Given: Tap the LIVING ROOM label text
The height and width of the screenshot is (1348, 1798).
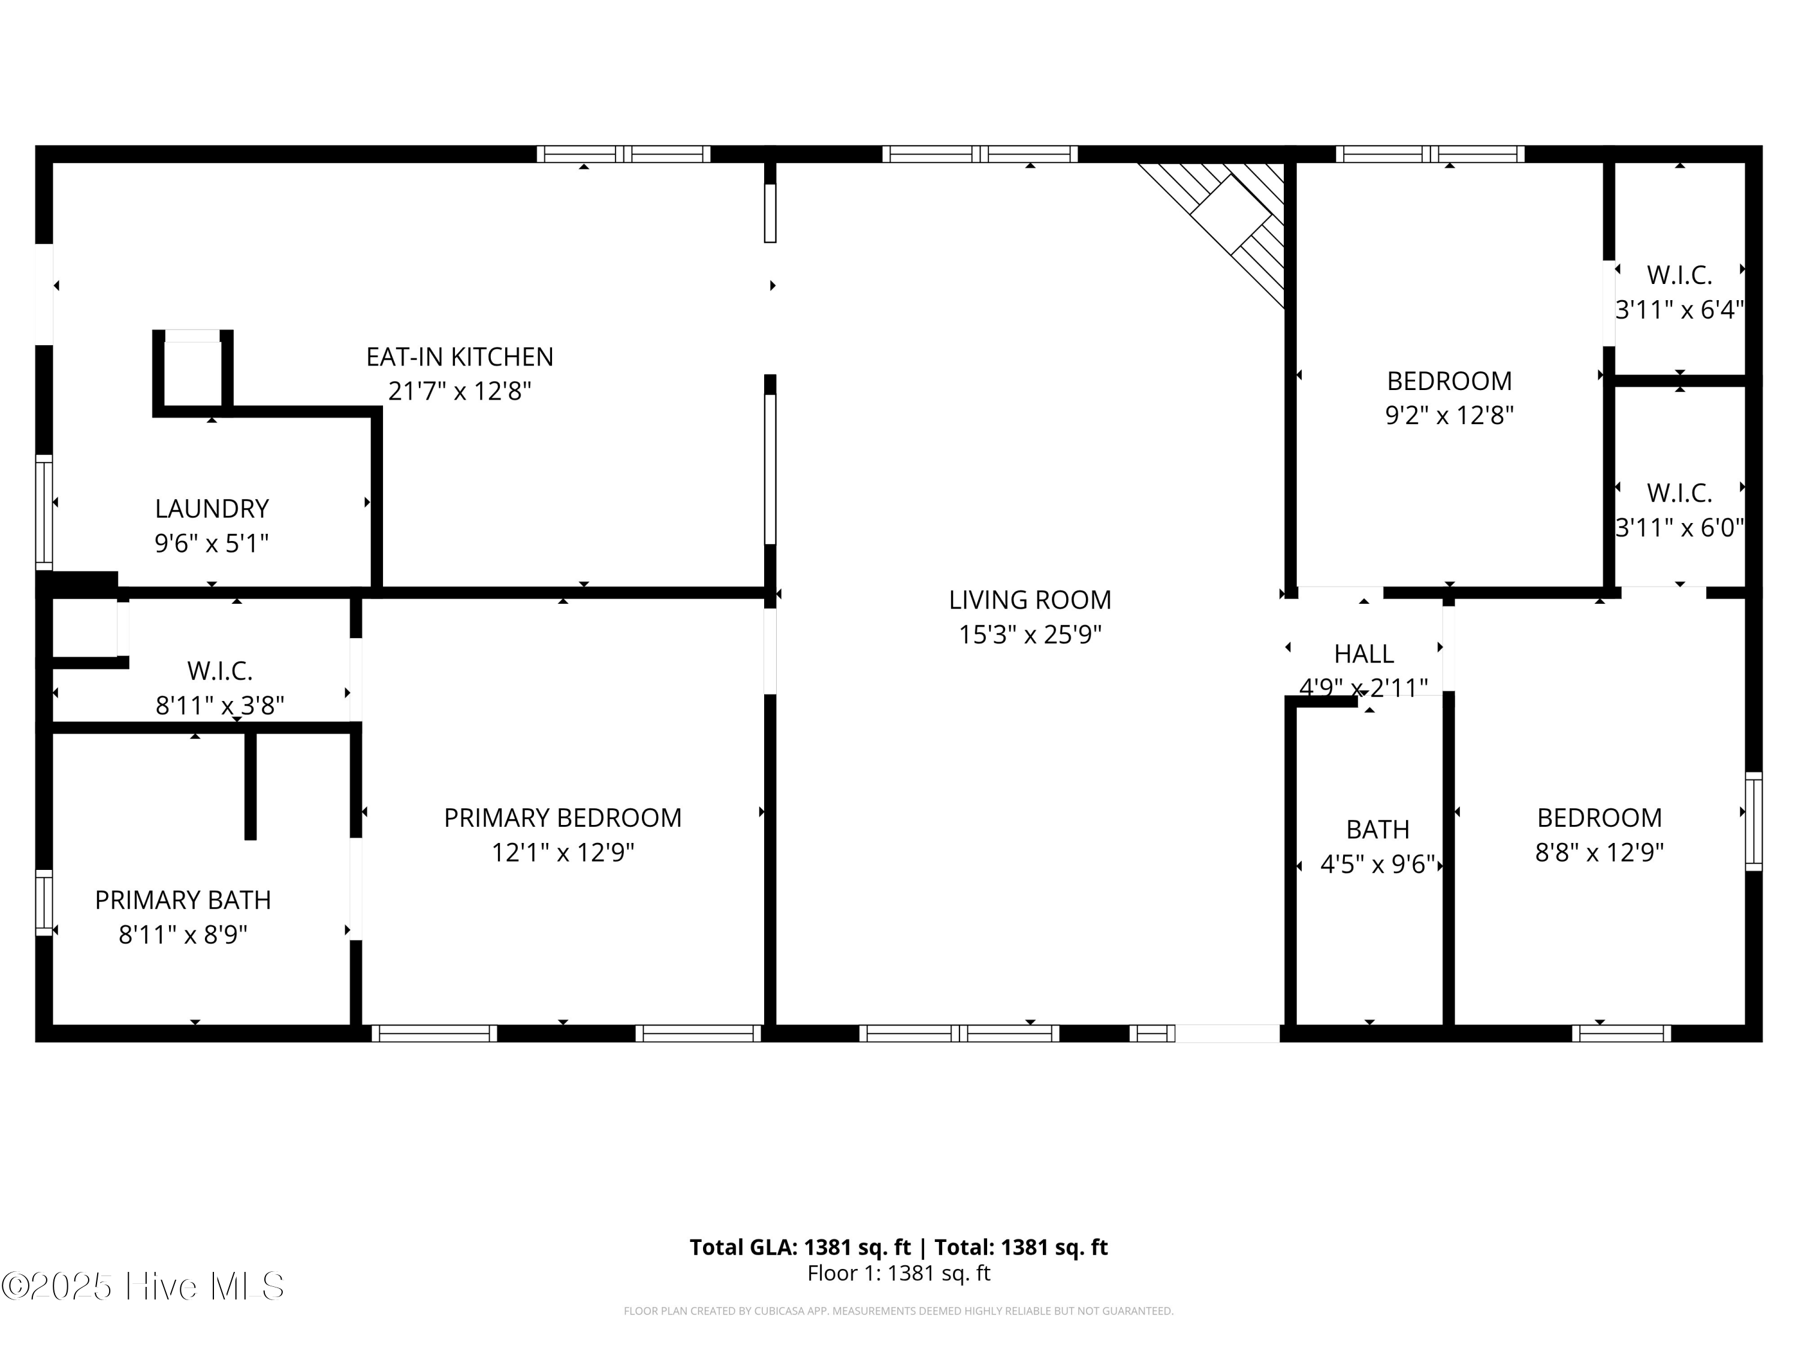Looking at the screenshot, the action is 1030,600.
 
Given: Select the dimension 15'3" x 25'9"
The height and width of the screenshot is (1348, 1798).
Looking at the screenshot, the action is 1030,634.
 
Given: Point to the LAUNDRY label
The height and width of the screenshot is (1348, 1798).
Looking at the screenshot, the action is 212,509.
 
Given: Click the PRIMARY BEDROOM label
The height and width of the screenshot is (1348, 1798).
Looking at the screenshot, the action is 563,817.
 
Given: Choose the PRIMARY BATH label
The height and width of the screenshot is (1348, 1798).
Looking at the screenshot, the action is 183,900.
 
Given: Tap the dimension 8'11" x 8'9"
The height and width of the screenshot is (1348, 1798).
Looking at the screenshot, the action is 183,935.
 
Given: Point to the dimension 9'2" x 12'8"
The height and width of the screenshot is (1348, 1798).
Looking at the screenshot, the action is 1449,415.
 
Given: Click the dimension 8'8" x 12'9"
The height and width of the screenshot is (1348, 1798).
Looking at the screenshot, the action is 1600,853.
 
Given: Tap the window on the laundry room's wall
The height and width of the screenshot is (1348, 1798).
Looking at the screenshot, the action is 44,512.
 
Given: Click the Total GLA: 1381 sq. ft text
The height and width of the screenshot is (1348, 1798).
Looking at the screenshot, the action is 801,1247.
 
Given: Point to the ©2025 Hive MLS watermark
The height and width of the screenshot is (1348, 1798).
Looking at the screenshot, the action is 143,1286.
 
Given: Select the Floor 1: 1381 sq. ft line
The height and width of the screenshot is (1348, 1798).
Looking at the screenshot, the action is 899,1273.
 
